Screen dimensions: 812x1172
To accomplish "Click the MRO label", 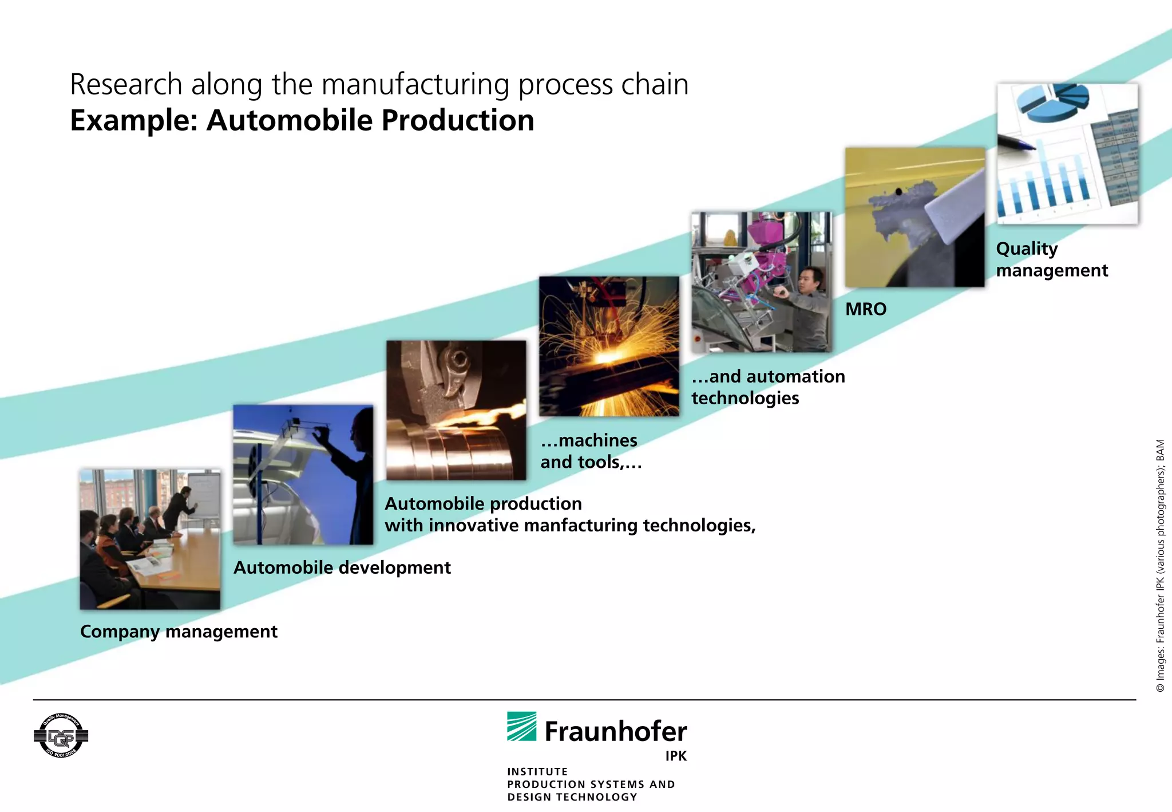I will (866, 309).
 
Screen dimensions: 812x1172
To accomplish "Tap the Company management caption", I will (179, 632).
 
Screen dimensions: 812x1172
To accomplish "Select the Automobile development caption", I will (342, 567).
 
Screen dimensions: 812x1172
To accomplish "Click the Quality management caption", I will (1051, 259).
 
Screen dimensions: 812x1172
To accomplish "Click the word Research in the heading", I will (126, 85).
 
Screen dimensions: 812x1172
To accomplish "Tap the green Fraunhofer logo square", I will (521, 726).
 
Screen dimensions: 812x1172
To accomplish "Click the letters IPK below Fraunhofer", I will (675, 756).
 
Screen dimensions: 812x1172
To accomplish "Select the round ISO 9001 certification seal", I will (61, 736).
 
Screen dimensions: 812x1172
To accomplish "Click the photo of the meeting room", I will (150, 539).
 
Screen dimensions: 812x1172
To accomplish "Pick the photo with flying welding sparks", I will (609, 346).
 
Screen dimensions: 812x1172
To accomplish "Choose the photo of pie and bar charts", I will (1067, 153).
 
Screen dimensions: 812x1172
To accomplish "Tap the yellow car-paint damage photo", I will (914, 217).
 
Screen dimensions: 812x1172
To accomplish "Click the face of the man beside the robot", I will (813, 279).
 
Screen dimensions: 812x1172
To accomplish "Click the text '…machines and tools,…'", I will (591, 451).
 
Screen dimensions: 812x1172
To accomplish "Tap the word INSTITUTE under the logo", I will (537, 771).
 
